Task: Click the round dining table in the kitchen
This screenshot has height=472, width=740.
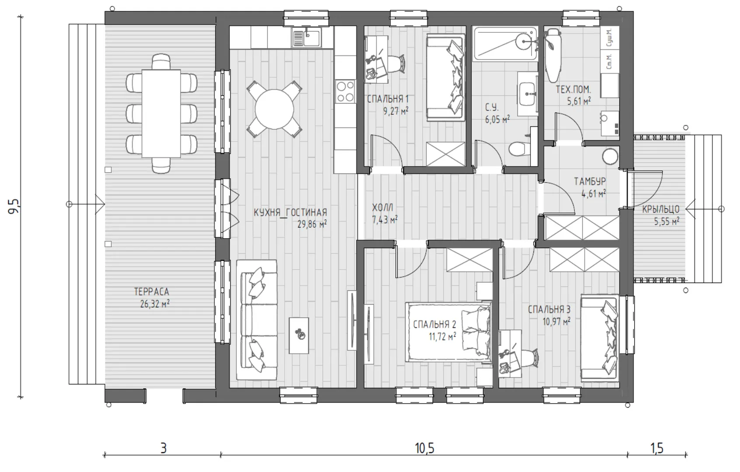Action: click(x=274, y=109)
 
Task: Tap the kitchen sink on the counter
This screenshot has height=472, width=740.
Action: click(x=306, y=37)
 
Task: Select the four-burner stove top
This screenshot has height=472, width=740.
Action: click(x=346, y=91)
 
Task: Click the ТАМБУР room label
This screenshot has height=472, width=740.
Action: click(x=590, y=181)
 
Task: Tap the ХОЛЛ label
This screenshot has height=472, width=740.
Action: click(x=383, y=208)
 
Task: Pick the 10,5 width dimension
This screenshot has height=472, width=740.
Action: click(x=425, y=448)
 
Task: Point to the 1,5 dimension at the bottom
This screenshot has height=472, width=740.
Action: click(x=657, y=448)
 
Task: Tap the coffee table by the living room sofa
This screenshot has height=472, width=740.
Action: click(x=299, y=336)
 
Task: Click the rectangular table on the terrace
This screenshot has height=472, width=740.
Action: click(x=161, y=113)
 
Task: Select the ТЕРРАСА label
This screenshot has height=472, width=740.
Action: click(x=152, y=292)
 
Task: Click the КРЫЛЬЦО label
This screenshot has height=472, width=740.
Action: click(x=660, y=209)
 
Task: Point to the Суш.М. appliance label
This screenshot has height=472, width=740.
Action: click(x=609, y=37)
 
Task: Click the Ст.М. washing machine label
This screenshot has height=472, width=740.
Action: click(x=609, y=62)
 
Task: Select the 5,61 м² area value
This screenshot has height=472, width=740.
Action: click(x=579, y=101)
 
